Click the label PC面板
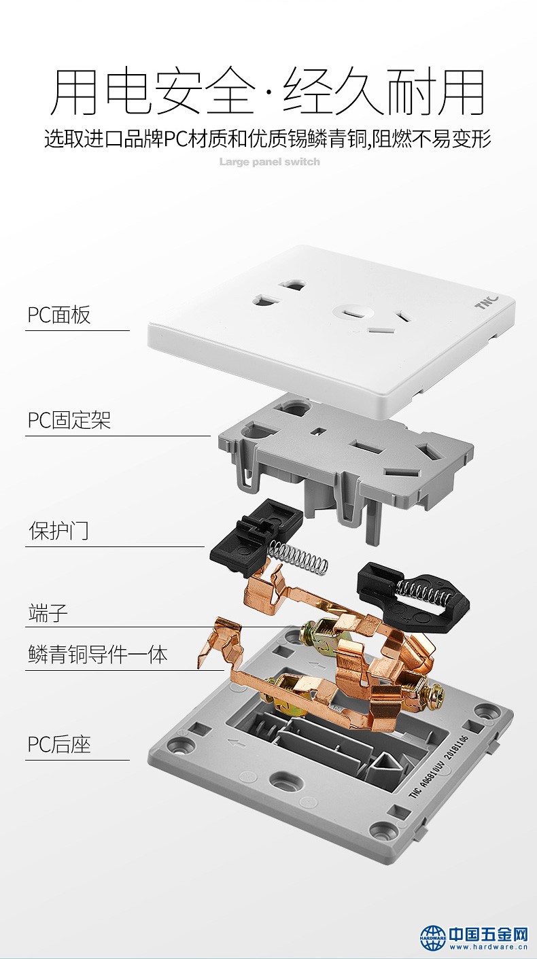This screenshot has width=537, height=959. click(59, 315)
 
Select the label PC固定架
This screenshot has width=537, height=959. click(69, 420)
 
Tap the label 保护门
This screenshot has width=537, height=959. click(58, 531)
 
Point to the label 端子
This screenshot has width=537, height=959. click(48, 612)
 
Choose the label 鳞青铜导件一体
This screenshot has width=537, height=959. click(98, 655)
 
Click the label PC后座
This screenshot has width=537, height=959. click(59, 744)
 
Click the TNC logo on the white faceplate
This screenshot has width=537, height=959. click(487, 302)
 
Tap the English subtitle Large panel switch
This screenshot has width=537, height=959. click(269, 162)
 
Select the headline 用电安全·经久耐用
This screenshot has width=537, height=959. click(268, 91)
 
